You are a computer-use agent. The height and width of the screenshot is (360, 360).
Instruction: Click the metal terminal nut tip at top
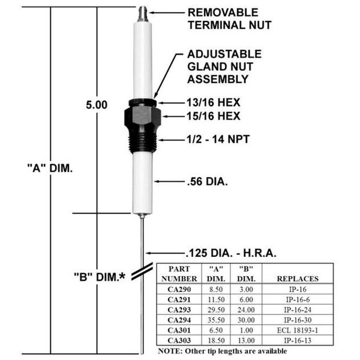tap(142, 14)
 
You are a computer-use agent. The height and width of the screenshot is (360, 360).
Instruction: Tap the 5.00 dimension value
tap(97, 105)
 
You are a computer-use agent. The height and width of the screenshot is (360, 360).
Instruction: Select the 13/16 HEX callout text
tap(213, 103)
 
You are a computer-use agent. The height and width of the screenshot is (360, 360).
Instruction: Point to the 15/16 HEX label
tap(213, 116)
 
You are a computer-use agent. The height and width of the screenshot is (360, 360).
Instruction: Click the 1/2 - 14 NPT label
tap(218, 139)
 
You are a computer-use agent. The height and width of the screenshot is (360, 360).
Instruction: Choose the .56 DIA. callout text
tap(208, 181)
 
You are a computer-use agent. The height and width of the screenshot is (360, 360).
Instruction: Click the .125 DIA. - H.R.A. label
tap(231, 253)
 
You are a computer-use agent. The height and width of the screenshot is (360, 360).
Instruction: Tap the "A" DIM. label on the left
tap(50, 168)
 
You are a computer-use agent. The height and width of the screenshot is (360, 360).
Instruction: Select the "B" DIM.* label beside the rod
tap(100, 277)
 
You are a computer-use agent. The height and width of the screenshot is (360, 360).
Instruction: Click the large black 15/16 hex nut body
tap(143, 118)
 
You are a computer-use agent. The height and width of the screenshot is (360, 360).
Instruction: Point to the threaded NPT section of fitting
tap(143, 140)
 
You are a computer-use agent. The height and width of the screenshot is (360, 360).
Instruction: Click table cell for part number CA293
tap(179, 310)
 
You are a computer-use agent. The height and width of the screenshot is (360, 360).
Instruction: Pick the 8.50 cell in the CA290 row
tap(216, 289)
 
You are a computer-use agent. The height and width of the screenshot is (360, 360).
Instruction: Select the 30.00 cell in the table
tap(246, 320)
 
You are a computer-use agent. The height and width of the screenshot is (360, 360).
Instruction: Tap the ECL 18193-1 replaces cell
tap(298, 330)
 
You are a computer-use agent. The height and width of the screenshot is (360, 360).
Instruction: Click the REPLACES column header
tap(298, 279)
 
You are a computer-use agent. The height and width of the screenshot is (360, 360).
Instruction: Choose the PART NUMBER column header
tap(179, 274)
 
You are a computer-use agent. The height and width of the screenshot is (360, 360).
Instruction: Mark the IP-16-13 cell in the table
tap(298, 340)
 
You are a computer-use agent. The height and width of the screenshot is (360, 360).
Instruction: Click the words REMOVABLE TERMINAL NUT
tap(230, 19)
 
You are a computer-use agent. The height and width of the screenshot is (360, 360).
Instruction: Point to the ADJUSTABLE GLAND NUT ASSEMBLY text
tap(224, 67)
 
